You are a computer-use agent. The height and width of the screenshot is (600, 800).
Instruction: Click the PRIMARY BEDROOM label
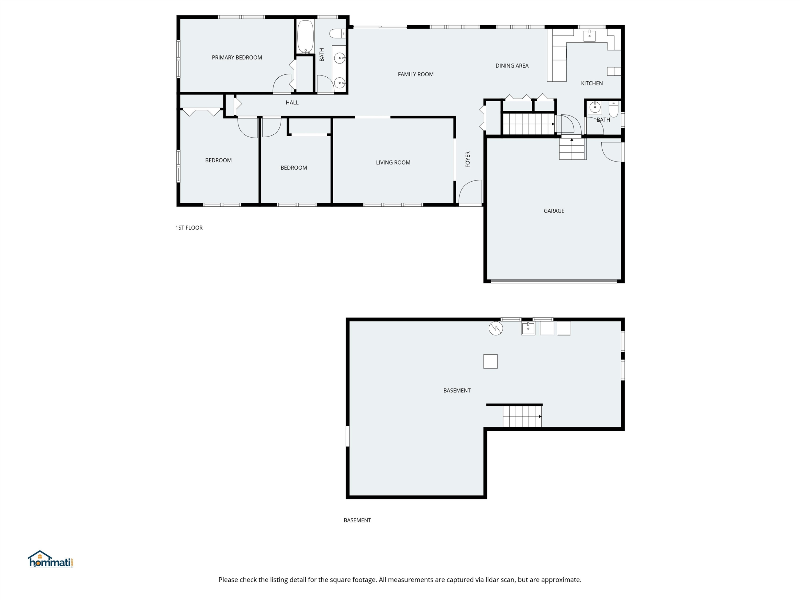click(x=237, y=58)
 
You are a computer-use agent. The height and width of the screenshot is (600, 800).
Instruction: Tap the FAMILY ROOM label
click(x=415, y=74)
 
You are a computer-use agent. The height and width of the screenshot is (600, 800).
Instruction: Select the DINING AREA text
click(x=512, y=65)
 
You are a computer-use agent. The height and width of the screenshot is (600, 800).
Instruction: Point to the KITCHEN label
click(x=592, y=83)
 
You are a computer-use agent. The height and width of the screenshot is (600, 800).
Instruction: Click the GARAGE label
click(x=554, y=211)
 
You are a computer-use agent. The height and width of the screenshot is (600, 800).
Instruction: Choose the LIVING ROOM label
click(x=393, y=162)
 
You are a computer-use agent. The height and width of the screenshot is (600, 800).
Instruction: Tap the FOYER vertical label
click(x=468, y=159)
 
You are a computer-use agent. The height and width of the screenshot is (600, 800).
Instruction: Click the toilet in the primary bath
click(x=337, y=34)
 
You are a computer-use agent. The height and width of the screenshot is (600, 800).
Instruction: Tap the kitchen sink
click(x=590, y=36)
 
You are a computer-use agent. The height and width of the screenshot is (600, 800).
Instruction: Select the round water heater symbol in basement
click(x=495, y=328)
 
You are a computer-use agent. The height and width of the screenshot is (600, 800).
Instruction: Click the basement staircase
click(x=522, y=416)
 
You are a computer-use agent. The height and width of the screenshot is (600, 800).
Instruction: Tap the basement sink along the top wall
click(x=528, y=328)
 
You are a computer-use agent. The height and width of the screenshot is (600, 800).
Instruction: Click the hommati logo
click(x=51, y=559)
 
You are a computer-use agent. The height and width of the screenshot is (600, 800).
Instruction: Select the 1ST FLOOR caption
click(x=189, y=227)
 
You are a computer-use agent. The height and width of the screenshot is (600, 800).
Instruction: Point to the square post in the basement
click(x=490, y=361)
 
